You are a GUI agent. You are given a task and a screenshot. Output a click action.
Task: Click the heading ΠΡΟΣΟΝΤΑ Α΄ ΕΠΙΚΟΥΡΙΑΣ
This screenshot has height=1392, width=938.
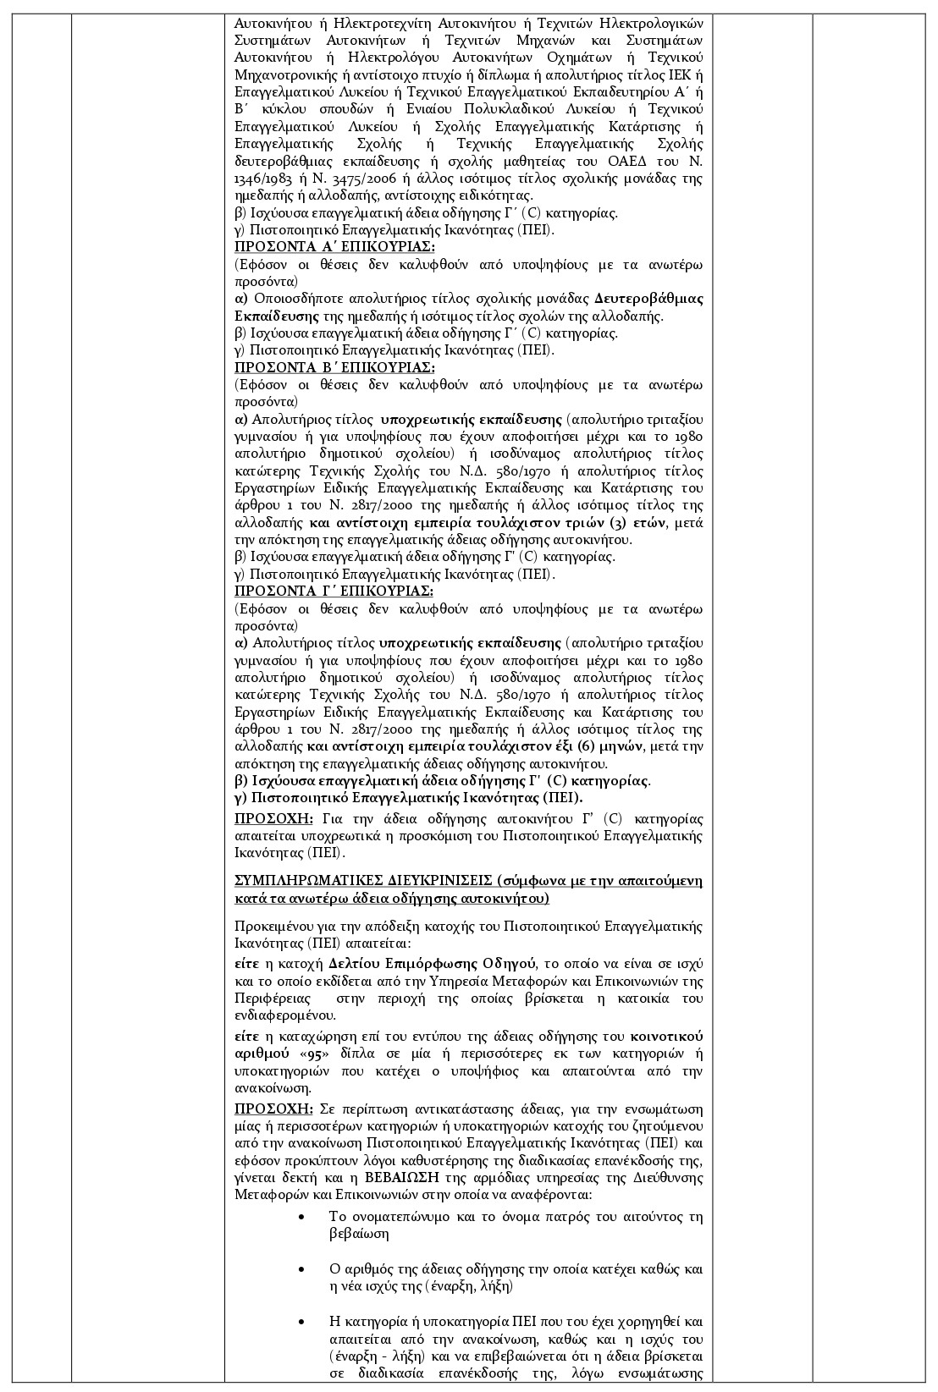[x=334, y=246]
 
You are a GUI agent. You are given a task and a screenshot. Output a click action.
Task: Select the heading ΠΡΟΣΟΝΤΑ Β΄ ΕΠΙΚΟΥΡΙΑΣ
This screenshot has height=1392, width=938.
[x=334, y=367]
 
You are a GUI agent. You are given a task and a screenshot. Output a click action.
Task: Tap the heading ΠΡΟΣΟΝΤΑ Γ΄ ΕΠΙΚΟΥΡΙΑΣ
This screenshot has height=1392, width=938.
[x=334, y=591]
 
